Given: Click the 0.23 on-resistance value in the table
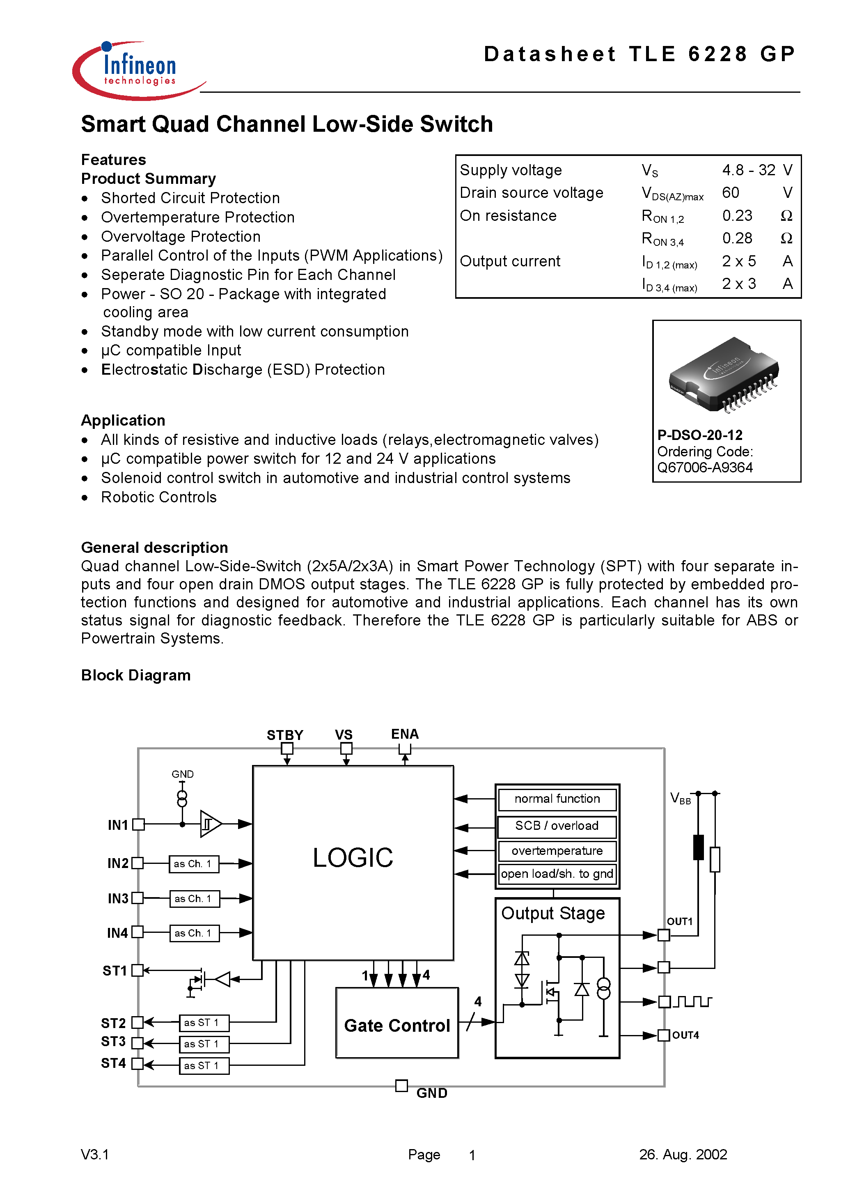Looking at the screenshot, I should (737, 215).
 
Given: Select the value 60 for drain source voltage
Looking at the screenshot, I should (730, 193).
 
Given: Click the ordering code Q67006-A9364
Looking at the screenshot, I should (704, 467).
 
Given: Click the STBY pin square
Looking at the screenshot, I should (287, 749).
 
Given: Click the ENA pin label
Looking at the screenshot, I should (405, 734).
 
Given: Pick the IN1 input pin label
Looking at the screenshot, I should (118, 825).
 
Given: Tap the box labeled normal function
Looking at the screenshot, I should (557, 799).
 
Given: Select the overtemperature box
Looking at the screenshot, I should (557, 851).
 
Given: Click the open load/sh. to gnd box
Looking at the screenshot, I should (557, 874).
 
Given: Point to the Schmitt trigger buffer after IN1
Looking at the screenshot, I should (210, 824).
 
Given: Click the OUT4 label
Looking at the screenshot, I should (685, 1035).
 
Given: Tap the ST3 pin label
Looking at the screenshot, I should (113, 1042).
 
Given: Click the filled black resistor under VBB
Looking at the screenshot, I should (698, 847).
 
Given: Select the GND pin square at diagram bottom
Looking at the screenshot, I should (401, 1086).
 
